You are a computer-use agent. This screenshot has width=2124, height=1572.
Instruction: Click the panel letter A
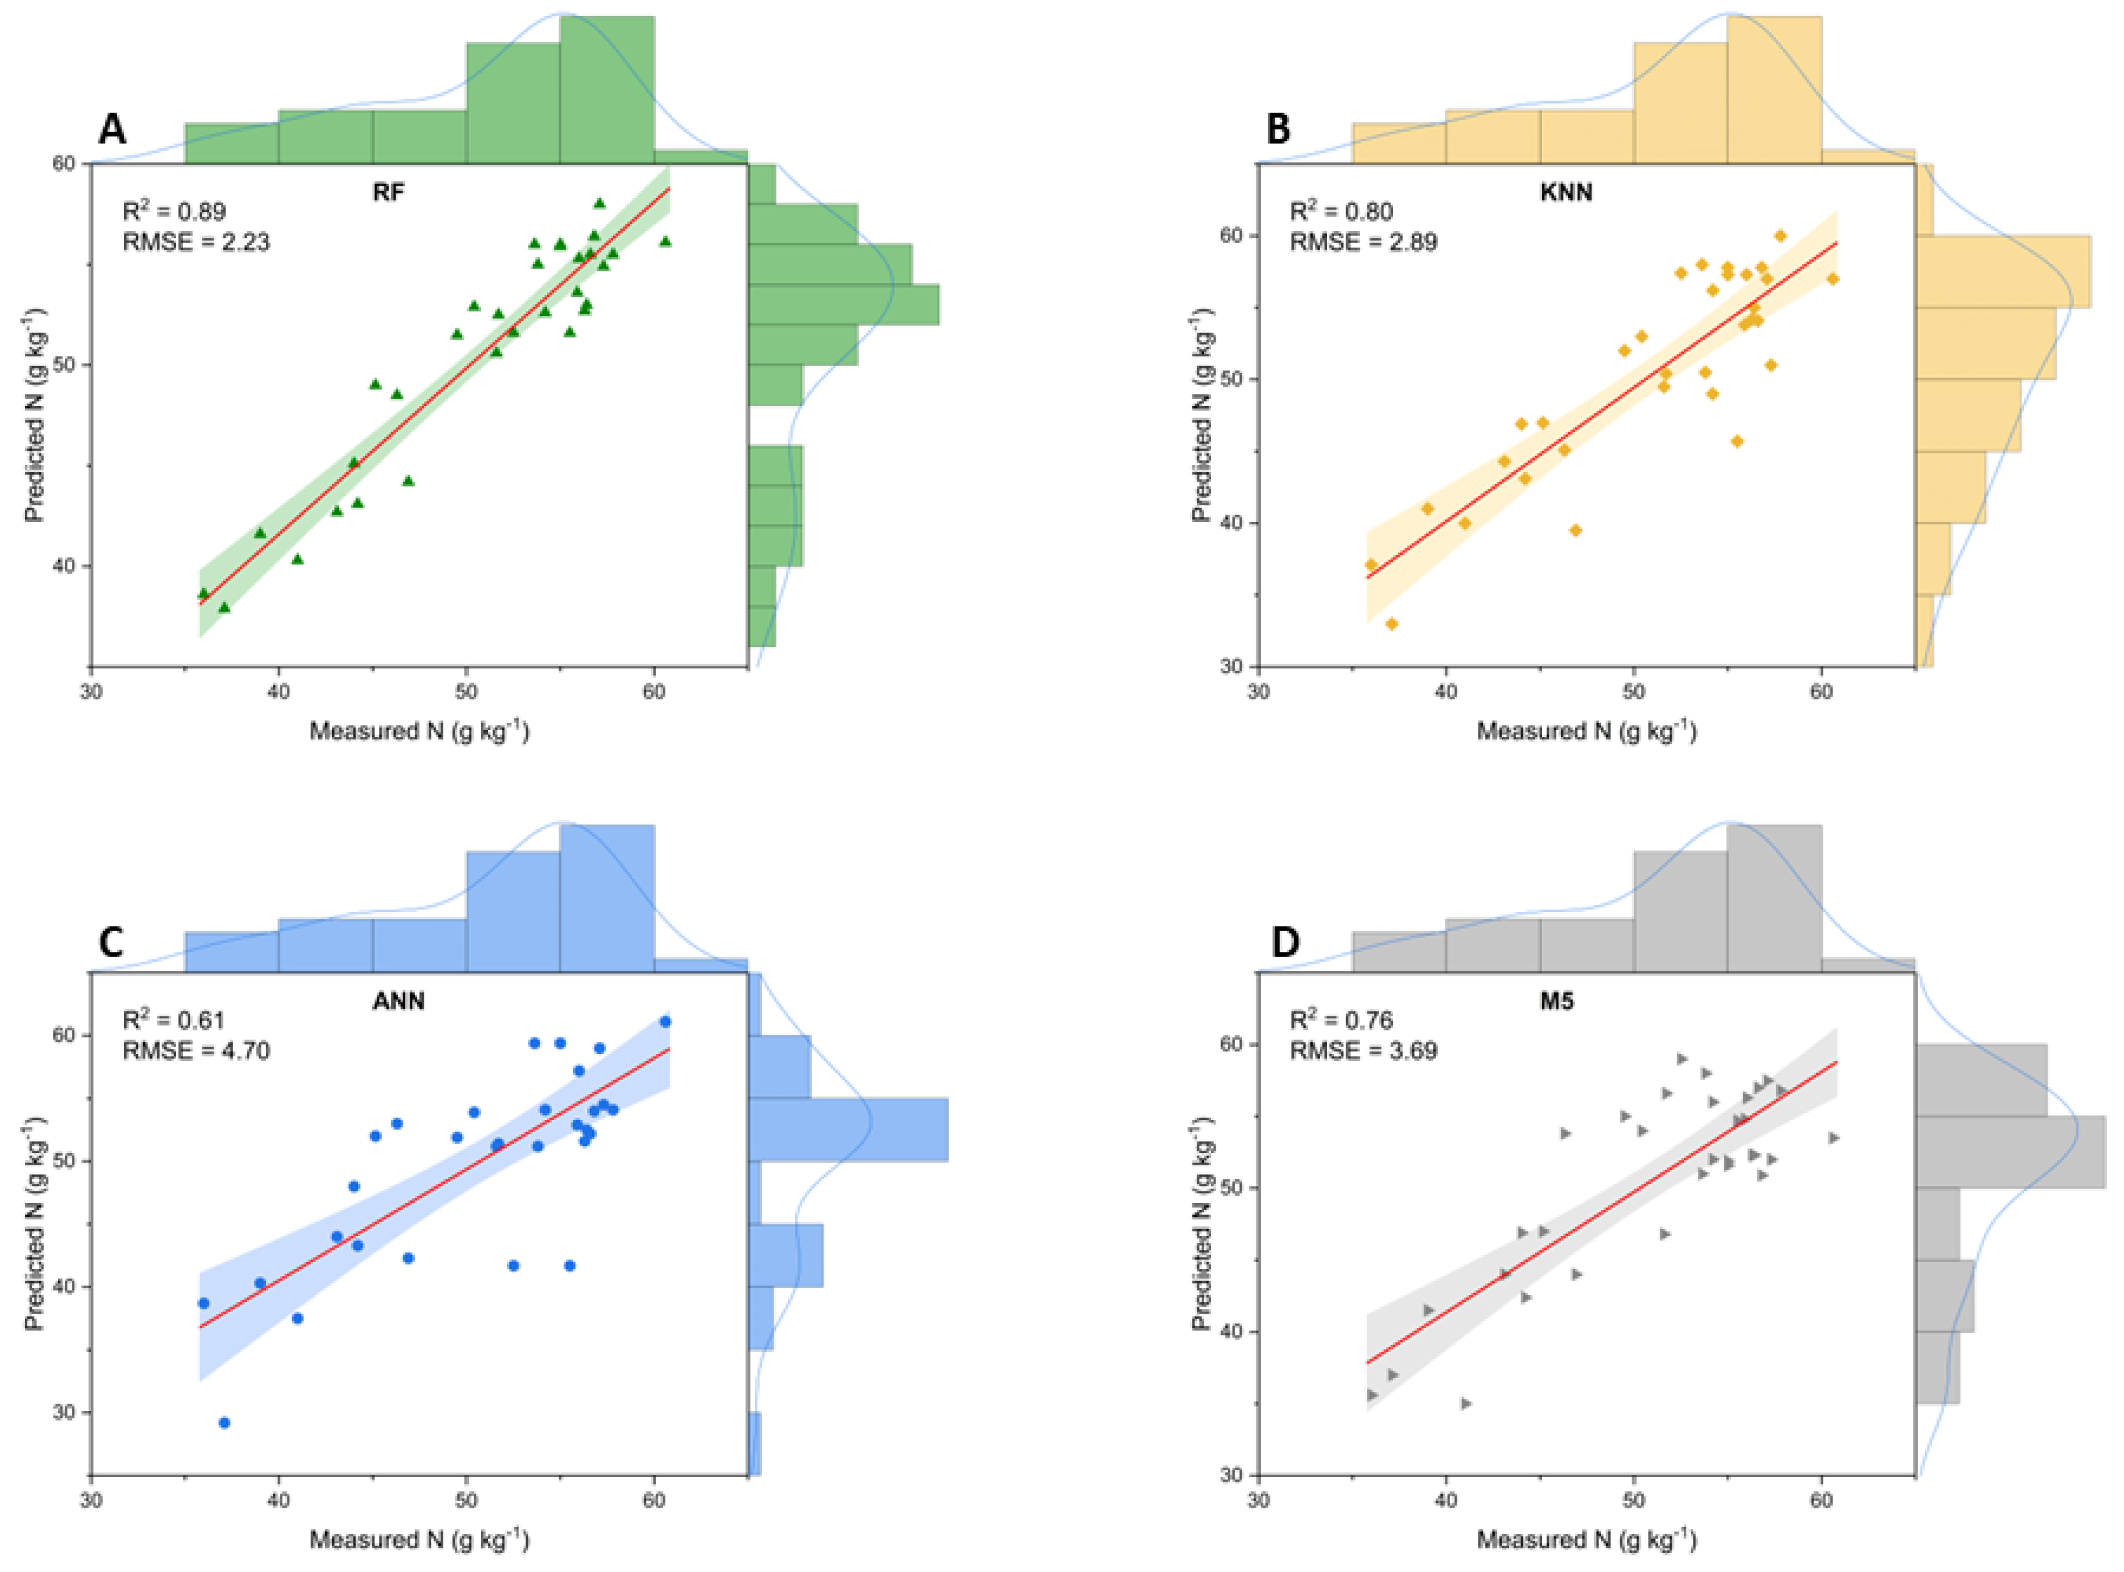(x=112, y=129)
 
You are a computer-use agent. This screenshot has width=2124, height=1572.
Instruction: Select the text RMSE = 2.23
(x=196, y=242)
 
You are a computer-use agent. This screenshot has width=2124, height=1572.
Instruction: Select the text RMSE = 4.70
(x=196, y=1051)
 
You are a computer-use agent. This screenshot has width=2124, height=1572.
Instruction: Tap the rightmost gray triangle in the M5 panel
(x=1833, y=1138)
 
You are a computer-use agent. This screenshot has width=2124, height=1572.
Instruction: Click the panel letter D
(x=1285, y=942)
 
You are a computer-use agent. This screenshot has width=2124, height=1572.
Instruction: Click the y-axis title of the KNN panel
(x=1202, y=415)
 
